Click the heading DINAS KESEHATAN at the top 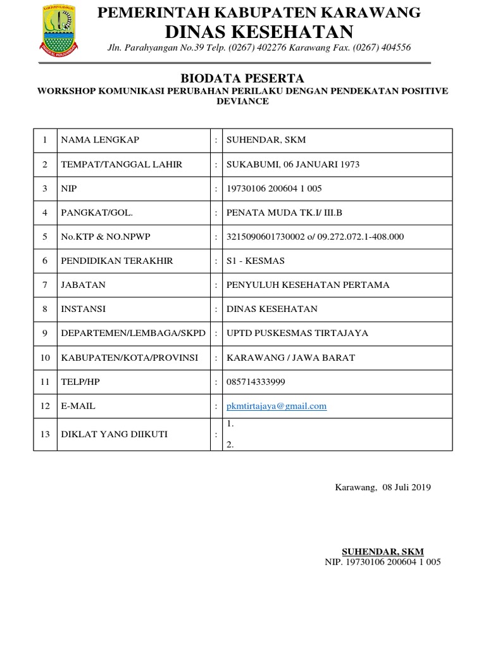click(259, 32)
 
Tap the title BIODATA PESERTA click(243, 78)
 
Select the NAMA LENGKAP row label click(99, 140)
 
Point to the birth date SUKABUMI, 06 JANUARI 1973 click(293, 165)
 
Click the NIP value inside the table click(275, 189)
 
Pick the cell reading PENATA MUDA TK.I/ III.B click(284, 213)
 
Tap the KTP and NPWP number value click(315, 237)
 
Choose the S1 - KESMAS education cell click(256, 261)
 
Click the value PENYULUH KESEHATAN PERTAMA click(308, 285)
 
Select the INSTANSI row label click(83, 309)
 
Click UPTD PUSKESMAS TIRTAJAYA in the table click(297, 333)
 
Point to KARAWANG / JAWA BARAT click(291, 358)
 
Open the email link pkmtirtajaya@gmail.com click(277, 406)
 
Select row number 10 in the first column click(45, 358)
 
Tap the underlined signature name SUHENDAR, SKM click(382, 551)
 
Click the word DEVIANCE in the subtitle click(243, 101)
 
